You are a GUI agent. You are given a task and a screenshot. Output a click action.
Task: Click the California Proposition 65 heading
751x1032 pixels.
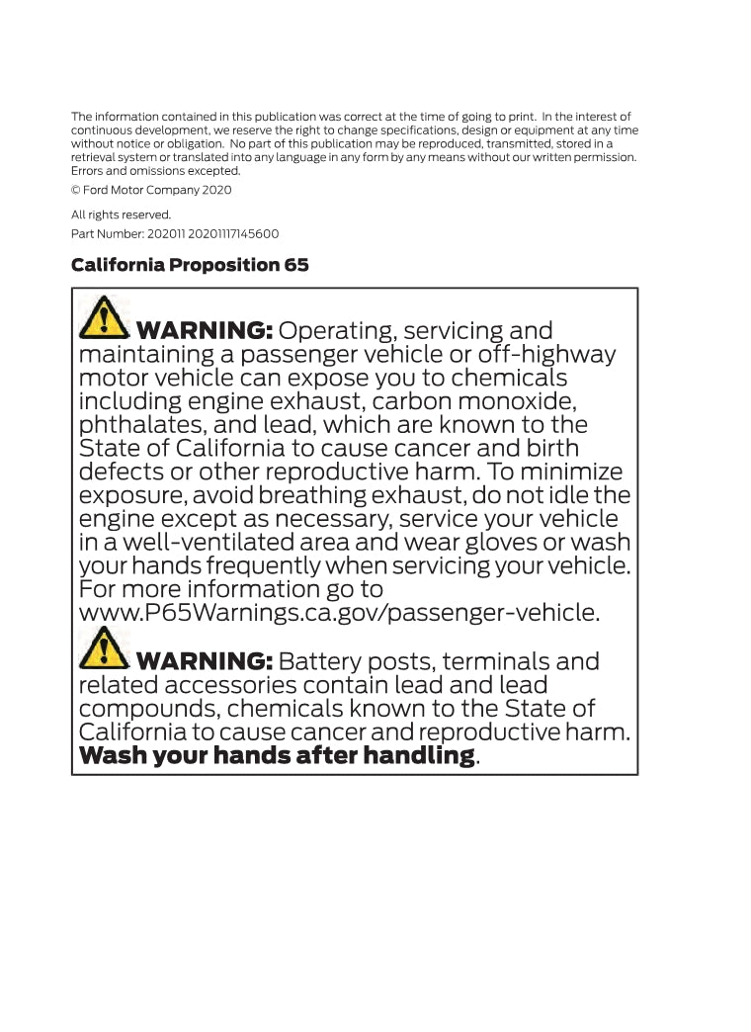(190, 265)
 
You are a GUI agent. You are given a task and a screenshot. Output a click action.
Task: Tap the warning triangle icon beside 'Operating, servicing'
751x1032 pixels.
(103, 318)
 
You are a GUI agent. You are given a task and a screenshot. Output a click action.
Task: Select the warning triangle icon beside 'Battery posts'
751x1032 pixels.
(103, 649)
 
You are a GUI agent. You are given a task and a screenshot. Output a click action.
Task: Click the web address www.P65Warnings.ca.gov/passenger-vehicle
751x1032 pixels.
(339, 613)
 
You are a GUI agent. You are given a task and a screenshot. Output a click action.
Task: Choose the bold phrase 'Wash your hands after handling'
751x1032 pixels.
(277, 756)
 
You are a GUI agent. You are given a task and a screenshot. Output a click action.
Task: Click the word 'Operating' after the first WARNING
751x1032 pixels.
(337, 331)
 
